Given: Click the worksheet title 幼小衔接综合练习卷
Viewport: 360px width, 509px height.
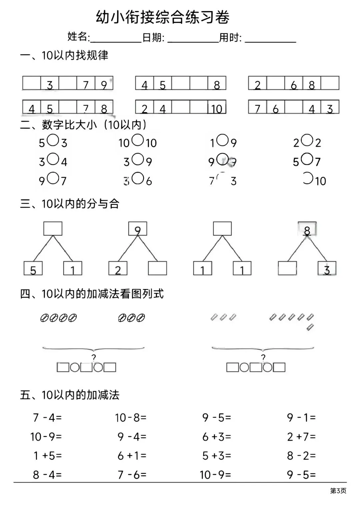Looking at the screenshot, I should (x=163, y=17).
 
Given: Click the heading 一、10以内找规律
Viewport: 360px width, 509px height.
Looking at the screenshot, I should (x=64, y=55).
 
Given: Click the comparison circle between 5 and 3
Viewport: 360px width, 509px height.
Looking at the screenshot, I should (x=53, y=140).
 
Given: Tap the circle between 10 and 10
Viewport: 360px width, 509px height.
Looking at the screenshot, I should (x=138, y=140).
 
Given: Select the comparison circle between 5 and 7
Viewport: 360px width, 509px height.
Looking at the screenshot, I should (x=307, y=159).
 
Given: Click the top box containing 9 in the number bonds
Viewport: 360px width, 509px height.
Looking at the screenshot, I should (x=138, y=229).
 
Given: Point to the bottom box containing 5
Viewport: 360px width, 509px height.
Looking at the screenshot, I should (x=33, y=269).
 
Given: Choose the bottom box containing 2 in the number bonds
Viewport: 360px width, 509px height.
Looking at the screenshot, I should (x=118, y=269).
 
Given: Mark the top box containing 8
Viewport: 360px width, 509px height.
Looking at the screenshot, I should (x=307, y=229).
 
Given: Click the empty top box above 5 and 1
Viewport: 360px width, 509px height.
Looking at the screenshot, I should (x=53, y=229).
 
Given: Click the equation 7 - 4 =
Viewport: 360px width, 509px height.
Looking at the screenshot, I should (x=47, y=417).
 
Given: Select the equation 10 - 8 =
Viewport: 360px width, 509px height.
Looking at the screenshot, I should (x=131, y=417).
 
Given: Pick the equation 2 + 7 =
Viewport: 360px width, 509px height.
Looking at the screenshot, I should (x=301, y=437).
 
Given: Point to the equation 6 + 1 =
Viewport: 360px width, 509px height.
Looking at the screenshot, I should (x=132, y=456).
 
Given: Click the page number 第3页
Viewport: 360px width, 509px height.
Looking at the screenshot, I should (x=338, y=491).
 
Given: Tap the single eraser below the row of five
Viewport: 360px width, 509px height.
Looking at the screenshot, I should (x=310, y=327).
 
